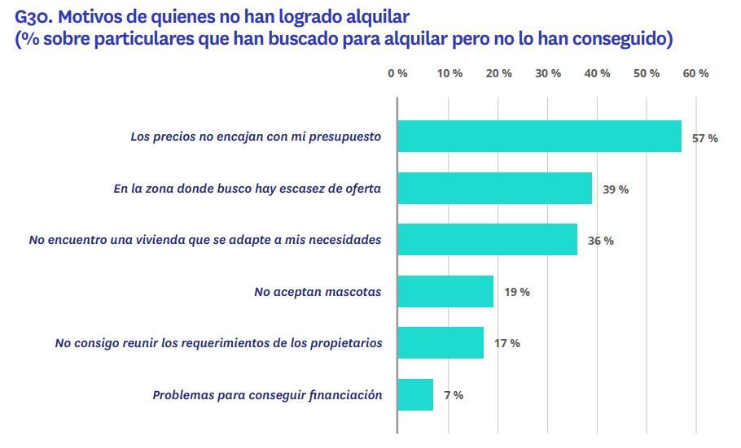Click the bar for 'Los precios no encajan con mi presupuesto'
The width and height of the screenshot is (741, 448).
click(x=539, y=137)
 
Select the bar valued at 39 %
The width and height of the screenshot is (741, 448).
click(x=494, y=189)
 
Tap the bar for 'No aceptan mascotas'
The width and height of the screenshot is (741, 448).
click(x=445, y=291)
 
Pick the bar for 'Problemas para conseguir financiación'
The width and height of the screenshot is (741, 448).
click(x=415, y=394)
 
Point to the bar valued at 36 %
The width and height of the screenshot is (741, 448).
click(x=487, y=240)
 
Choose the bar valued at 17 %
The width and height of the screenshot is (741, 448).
click(x=441, y=343)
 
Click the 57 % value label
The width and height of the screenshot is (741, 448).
click(x=704, y=138)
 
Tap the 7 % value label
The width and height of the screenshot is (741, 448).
click(x=454, y=395)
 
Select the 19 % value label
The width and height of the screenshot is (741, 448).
click(x=516, y=292)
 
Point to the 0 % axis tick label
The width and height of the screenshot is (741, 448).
click(x=397, y=73)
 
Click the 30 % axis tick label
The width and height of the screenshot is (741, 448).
click(x=548, y=73)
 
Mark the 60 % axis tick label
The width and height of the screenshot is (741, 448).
click(x=696, y=73)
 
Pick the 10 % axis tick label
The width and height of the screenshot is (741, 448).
click(x=449, y=73)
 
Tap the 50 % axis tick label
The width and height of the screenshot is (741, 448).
click(x=647, y=73)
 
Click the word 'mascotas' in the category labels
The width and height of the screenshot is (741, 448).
click(x=352, y=291)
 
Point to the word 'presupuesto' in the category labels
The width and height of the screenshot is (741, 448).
click(x=345, y=137)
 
